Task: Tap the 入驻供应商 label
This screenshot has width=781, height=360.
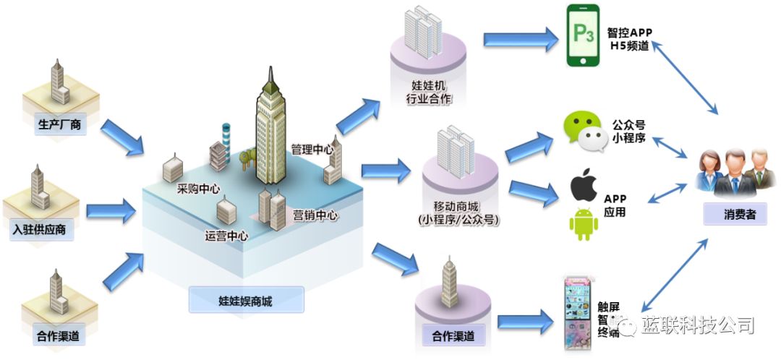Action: [43, 231]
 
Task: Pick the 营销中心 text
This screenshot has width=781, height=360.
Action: [316, 215]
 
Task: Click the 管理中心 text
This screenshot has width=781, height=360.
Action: [312, 150]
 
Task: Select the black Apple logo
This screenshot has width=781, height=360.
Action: [584, 185]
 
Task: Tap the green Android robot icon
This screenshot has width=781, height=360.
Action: [584, 223]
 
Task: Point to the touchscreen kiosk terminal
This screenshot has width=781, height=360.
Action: [579, 314]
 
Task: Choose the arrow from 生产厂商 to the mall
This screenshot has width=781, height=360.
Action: [121, 137]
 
